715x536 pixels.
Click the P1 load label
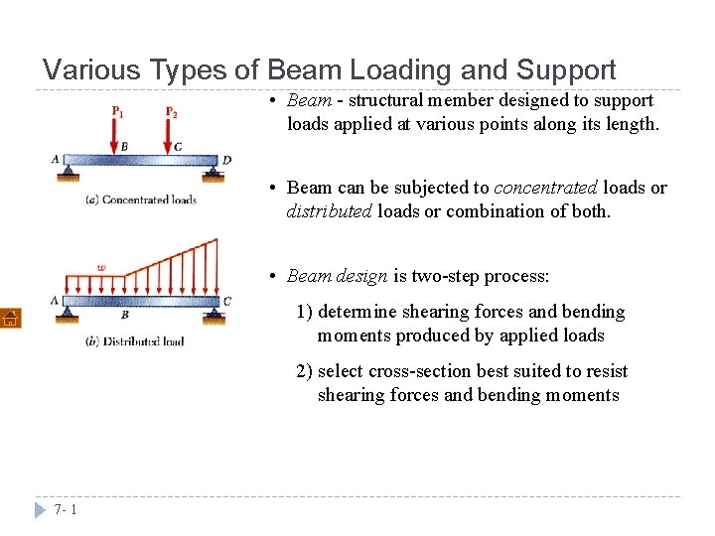(118, 110)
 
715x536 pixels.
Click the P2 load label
(172, 110)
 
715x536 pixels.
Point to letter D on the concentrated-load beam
(227, 160)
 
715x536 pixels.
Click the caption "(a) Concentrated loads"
(141, 200)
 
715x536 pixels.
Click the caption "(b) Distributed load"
(137, 341)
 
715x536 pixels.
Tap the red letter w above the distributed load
(101, 267)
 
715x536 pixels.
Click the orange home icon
(10, 317)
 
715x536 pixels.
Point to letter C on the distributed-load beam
(227, 302)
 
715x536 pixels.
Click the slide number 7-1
(67, 509)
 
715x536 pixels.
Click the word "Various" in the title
(92, 70)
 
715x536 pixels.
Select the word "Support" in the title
(566, 70)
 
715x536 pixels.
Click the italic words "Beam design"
(337, 275)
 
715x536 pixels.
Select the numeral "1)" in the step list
(304, 312)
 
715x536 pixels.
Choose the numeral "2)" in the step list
(304, 371)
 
